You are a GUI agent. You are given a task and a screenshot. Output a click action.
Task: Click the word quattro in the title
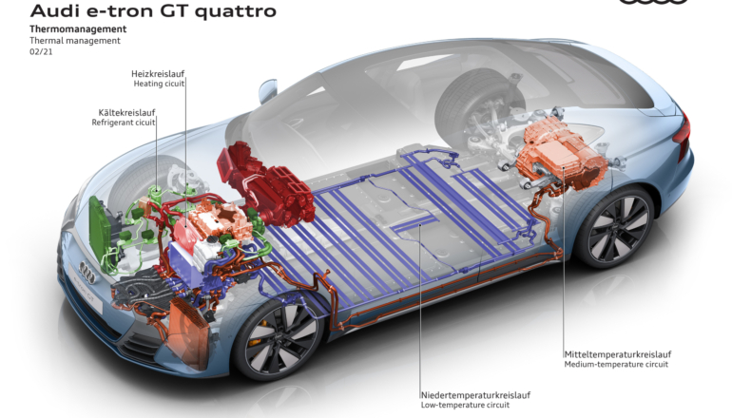(x=236, y=10)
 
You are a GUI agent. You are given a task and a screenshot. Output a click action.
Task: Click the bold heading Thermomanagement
(x=78, y=28)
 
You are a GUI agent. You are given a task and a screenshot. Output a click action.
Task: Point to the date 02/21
(x=41, y=52)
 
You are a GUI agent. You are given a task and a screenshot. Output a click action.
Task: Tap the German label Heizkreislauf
(x=158, y=74)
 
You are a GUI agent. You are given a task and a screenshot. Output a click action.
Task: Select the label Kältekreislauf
(x=126, y=112)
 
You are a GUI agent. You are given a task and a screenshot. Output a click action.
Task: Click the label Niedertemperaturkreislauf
(x=475, y=395)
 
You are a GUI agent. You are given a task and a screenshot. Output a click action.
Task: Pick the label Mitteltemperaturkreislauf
(x=618, y=354)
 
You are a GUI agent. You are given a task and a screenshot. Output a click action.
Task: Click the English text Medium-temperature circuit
(x=616, y=365)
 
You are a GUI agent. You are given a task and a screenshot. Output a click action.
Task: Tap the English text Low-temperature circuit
(x=465, y=405)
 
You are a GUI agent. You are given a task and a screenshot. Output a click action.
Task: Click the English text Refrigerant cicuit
(x=124, y=123)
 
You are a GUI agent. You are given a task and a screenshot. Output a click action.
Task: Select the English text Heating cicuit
(x=159, y=84)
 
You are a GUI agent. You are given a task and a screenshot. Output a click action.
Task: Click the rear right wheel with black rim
(x=615, y=227)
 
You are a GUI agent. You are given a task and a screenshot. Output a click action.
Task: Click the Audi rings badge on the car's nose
(x=87, y=273)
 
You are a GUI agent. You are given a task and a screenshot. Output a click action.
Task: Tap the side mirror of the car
(x=267, y=91)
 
